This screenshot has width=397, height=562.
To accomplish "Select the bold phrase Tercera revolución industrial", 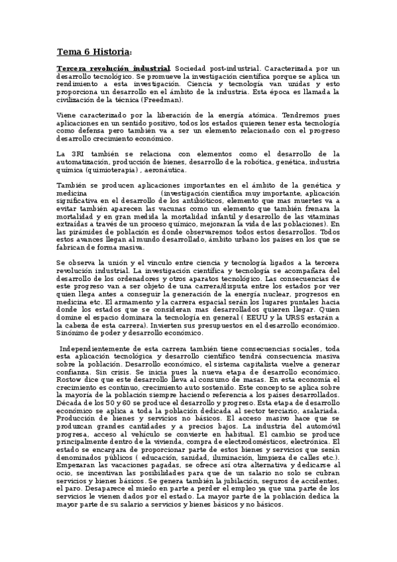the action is point(113,69).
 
